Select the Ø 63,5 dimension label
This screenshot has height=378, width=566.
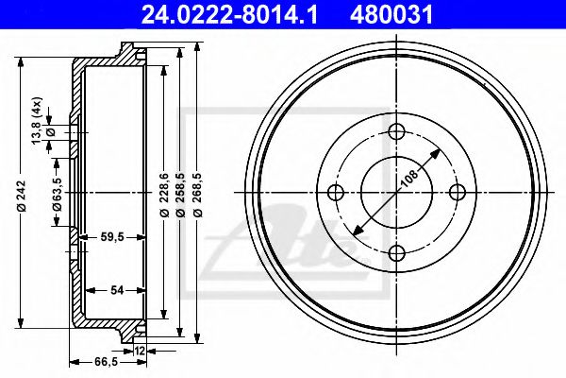(58, 194)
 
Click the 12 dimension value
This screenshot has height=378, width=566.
(140, 352)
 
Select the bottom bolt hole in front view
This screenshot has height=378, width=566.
(396, 251)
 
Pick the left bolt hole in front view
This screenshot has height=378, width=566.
(336, 192)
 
